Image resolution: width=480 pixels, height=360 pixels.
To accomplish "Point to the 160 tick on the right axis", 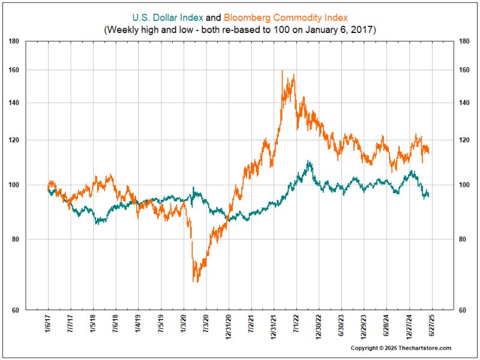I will (x=463, y=70).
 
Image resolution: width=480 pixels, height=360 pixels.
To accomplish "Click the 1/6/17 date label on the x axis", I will (x=49, y=325).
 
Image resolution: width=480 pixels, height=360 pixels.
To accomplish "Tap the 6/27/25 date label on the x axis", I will (x=430, y=325).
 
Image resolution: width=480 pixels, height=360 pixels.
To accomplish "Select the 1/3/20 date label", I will (x=184, y=325).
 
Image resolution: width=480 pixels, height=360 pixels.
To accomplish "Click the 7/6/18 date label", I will (x=116, y=325).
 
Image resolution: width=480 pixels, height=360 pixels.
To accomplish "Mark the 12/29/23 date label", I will (x=364, y=326).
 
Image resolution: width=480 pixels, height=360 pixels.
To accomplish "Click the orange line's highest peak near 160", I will (x=282, y=71).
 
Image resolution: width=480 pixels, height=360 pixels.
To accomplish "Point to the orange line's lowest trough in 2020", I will (x=195, y=281).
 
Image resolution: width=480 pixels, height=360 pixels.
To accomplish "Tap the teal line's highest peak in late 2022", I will (x=308, y=161).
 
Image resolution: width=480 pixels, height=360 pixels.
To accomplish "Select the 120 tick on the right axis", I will (x=463, y=140).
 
